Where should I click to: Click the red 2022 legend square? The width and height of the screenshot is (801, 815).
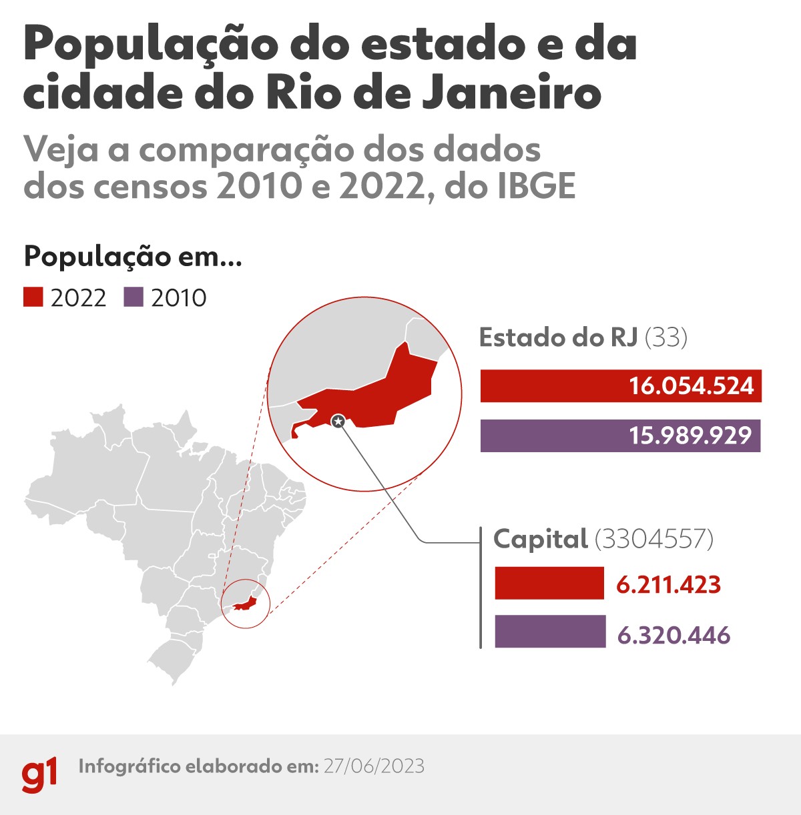click(33, 297)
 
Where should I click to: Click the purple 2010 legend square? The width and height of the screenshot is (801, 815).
click(133, 297)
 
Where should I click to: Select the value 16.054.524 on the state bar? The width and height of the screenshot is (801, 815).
click(691, 386)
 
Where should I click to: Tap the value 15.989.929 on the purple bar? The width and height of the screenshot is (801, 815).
click(690, 436)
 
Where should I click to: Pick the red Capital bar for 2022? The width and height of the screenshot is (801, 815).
click(549, 584)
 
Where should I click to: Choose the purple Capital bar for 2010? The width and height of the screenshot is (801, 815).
click(550, 632)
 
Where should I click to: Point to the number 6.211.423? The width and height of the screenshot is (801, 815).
click(668, 585)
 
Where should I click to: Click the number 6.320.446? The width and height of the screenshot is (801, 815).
click(674, 635)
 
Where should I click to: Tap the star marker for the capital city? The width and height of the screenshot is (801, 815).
click(338, 420)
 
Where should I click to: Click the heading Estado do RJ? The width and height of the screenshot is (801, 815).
click(558, 337)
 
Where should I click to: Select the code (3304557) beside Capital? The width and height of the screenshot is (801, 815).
click(653, 539)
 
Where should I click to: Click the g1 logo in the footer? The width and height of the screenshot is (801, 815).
click(39, 774)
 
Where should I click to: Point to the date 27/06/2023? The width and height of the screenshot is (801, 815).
click(374, 766)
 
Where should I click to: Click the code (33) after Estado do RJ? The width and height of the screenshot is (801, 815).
click(666, 337)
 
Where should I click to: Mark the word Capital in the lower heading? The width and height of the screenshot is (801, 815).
click(540, 539)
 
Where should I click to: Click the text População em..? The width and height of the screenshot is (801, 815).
click(132, 256)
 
